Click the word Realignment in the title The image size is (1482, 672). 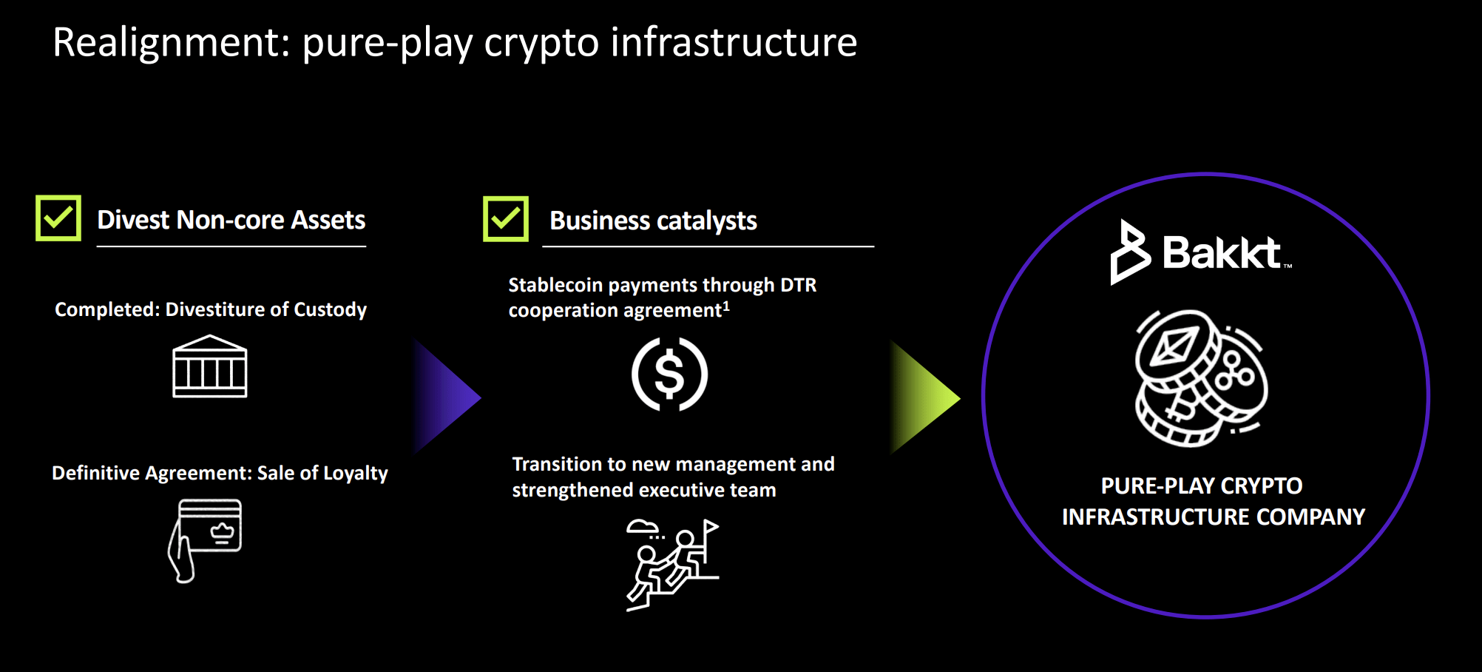point(171,43)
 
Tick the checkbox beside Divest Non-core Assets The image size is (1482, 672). point(58,218)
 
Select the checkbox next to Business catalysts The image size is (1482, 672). point(506,219)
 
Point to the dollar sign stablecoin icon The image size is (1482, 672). point(669,374)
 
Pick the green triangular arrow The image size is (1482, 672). point(923,397)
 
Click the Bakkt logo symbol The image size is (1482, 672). point(1129,252)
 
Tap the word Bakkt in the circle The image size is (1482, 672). point(1221,253)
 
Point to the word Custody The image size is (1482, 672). point(330,309)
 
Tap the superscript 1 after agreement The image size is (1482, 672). point(726,306)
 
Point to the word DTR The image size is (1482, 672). point(799,285)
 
